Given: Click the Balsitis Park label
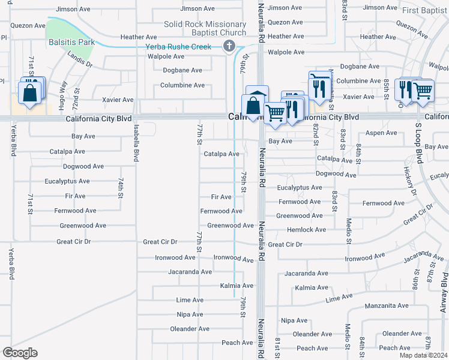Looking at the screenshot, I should [x=70, y=43].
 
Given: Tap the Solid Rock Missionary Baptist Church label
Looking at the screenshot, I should [x=205, y=28].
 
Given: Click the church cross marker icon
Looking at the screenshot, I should [x=229, y=46].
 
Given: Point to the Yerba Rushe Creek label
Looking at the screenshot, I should [x=179, y=47].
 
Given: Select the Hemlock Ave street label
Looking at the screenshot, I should [x=307, y=230].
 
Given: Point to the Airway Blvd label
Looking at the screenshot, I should [x=444, y=293].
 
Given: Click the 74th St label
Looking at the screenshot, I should [x=121, y=188].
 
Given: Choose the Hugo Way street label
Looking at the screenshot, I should [x=62, y=94].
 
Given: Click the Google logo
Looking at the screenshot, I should [x=20, y=353].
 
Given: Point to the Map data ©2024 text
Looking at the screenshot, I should [x=423, y=355].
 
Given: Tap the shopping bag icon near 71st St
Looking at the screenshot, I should [x=29, y=93].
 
